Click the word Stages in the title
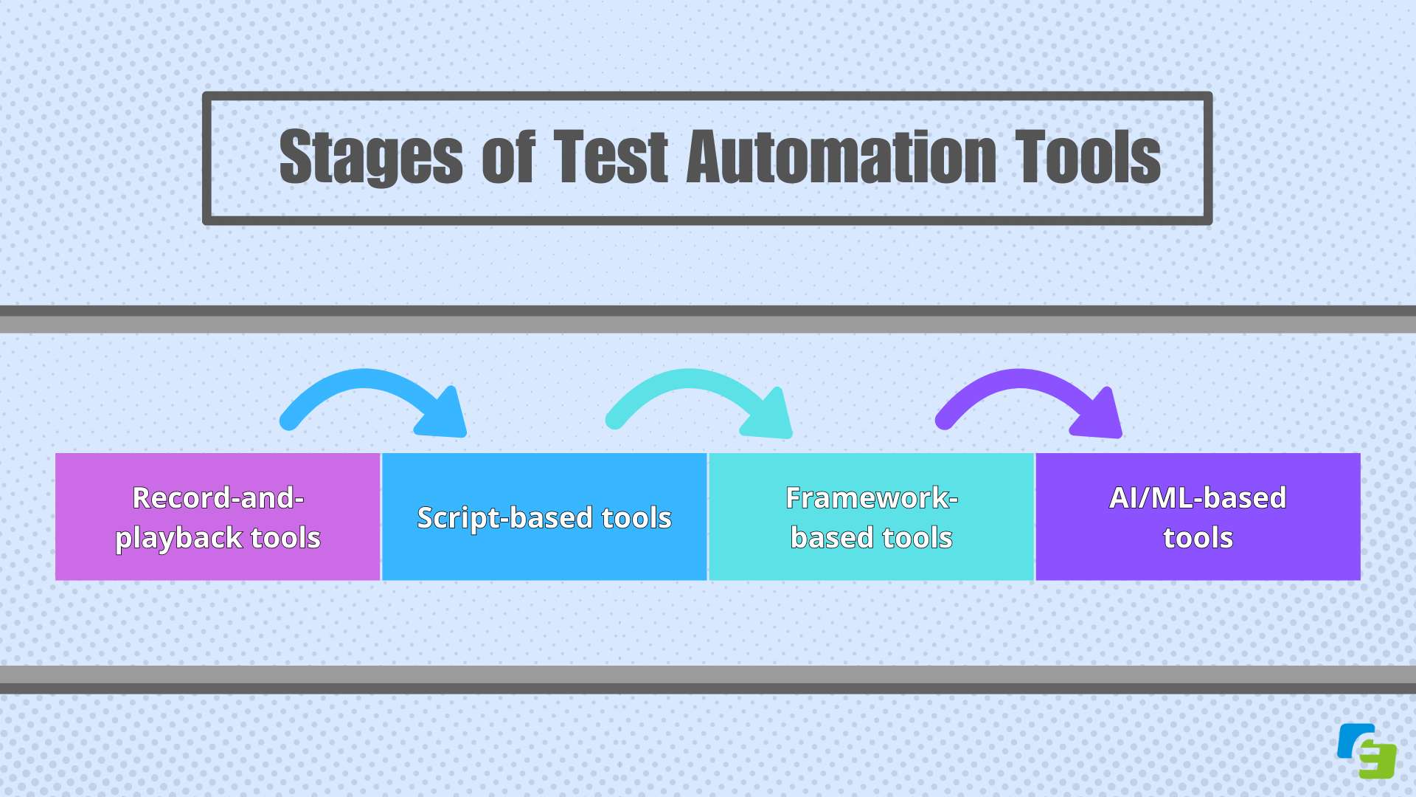(x=371, y=157)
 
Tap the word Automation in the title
(x=841, y=157)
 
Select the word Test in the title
(x=611, y=157)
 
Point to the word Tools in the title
(x=1087, y=157)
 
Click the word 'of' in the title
(x=508, y=157)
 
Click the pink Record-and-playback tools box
(x=218, y=517)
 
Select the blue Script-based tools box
(x=544, y=517)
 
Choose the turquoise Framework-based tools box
(x=871, y=517)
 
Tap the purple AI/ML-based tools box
(x=1198, y=517)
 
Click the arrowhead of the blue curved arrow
(x=445, y=416)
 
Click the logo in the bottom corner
(x=1367, y=751)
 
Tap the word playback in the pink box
(x=179, y=539)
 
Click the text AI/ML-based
(x=1198, y=498)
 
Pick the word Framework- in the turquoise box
(x=871, y=498)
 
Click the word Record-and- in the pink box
(x=218, y=498)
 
